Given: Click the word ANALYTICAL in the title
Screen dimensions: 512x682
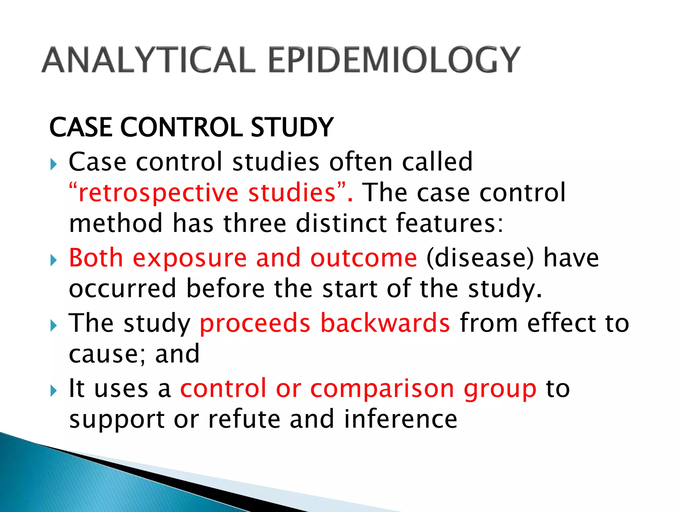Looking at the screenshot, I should pyautogui.click(x=148, y=60).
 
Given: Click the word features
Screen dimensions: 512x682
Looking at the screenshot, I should pyautogui.click(x=450, y=223).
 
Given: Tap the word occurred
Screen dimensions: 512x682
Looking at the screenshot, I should pyautogui.click(x=123, y=289).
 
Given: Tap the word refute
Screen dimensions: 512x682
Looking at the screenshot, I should pyautogui.click(x=244, y=419).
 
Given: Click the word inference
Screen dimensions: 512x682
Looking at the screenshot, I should pyautogui.click(x=401, y=419).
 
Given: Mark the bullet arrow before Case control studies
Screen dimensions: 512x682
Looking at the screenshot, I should pyautogui.click(x=54, y=164).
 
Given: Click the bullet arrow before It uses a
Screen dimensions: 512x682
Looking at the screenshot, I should pyautogui.click(x=54, y=391).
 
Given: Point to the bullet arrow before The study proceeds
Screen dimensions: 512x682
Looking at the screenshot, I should pyautogui.click(x=54, y=326).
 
